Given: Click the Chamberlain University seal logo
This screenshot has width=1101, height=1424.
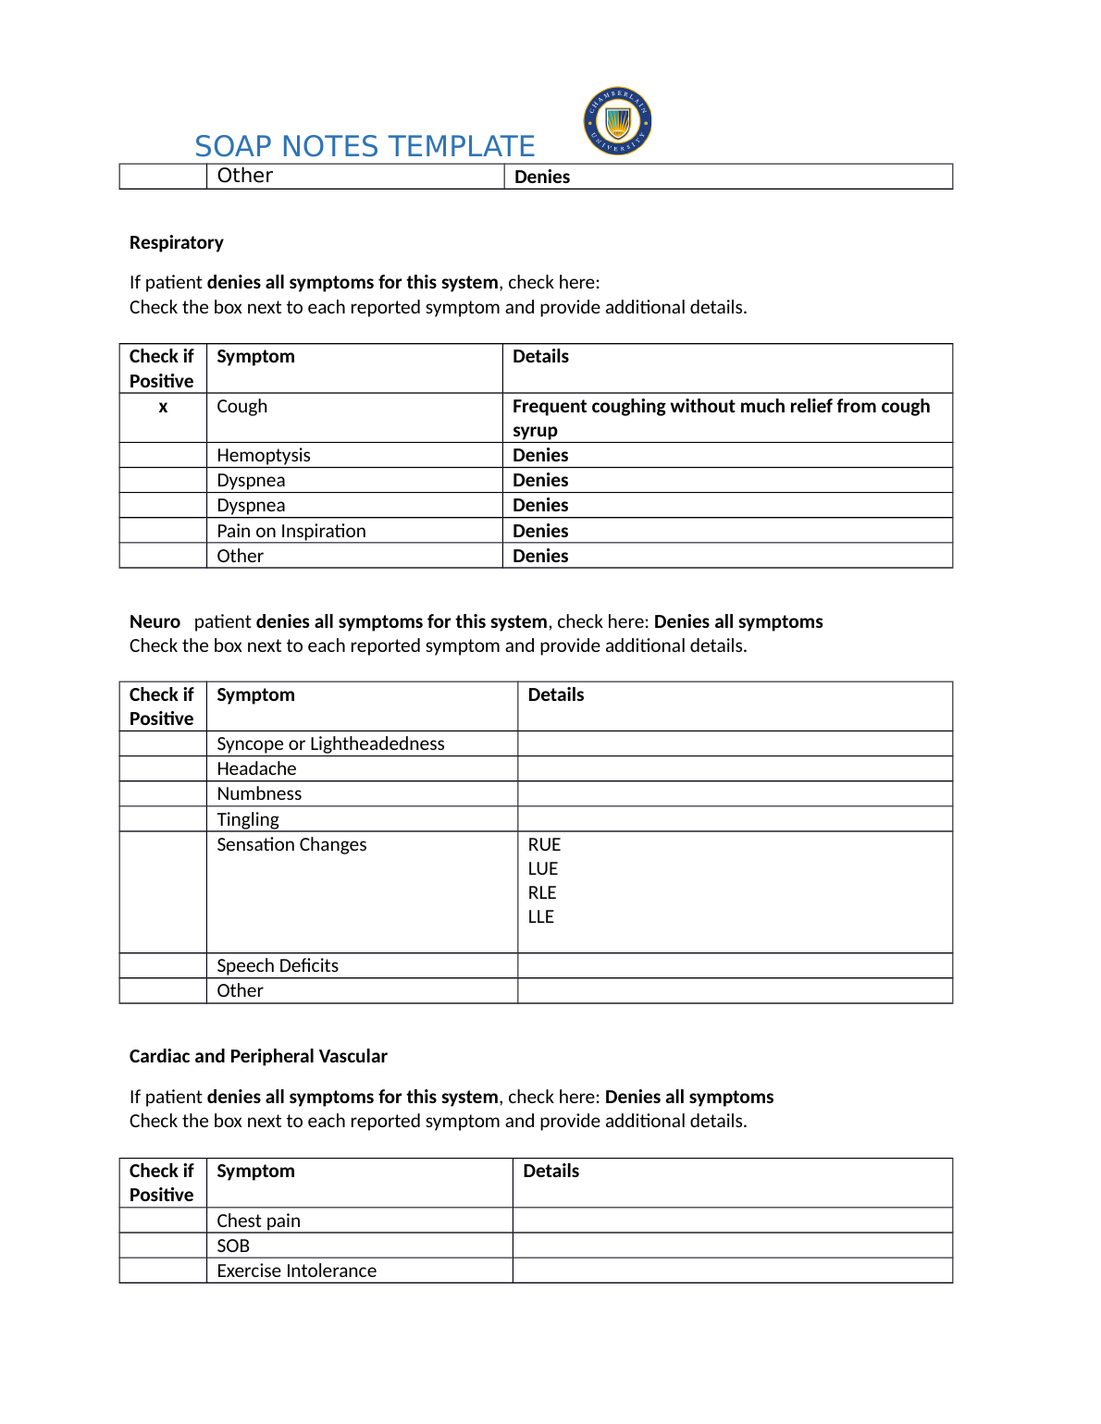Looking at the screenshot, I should [617, 121].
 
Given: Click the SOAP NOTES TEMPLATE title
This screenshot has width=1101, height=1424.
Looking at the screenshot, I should [365, 146].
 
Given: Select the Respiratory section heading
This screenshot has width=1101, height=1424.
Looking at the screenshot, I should [177, 242].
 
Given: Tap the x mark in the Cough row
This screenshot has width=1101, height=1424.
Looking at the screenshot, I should [163, 407].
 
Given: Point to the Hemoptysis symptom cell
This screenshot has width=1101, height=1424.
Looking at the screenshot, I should [264, 455].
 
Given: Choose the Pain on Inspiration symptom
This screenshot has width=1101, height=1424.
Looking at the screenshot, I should [291, 531].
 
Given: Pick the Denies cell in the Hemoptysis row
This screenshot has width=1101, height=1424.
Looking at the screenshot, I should [540, 455].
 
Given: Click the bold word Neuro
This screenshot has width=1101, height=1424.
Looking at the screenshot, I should [155, 621].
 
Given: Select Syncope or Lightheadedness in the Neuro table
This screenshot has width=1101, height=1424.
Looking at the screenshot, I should [330, 743].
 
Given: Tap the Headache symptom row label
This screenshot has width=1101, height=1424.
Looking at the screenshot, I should [256, 768].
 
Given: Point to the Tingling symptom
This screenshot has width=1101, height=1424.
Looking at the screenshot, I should [248, 819].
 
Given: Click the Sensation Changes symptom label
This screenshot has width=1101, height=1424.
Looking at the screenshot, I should [291, 844].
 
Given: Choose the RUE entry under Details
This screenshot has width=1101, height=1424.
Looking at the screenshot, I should [544, 844].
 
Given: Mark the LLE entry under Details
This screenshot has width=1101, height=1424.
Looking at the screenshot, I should [541, 916].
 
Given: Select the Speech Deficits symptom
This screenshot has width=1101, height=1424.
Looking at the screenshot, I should [278, 965].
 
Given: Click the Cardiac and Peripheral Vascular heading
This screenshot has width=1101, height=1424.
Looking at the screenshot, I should [258, 1056].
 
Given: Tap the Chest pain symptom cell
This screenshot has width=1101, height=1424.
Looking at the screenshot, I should [258, 1221].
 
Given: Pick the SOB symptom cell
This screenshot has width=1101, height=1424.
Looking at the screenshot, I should [233, 1246].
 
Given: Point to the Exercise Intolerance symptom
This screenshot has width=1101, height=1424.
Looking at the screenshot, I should [296, 1271].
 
